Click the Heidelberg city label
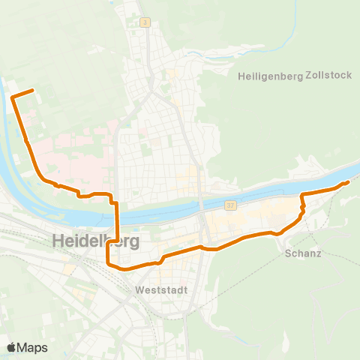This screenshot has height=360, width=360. click(x=97, y=241)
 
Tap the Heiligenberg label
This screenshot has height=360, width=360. click(x=269, y=76)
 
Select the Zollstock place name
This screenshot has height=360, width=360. click(x=328, y=76)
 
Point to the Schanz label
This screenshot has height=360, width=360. click(x=303, y=253)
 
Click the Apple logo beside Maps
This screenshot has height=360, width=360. click(x=11, y=347)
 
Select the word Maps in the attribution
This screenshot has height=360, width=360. click(x=32, y=347)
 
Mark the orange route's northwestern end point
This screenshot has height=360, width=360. click(x=33, y=90)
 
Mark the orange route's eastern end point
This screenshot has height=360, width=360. click(x=349, y=181)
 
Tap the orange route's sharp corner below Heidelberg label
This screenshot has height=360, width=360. click(x=109, y=263)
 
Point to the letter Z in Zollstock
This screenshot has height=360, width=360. click(x=309, y=76)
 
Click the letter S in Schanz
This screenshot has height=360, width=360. click(x=289, y=253)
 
